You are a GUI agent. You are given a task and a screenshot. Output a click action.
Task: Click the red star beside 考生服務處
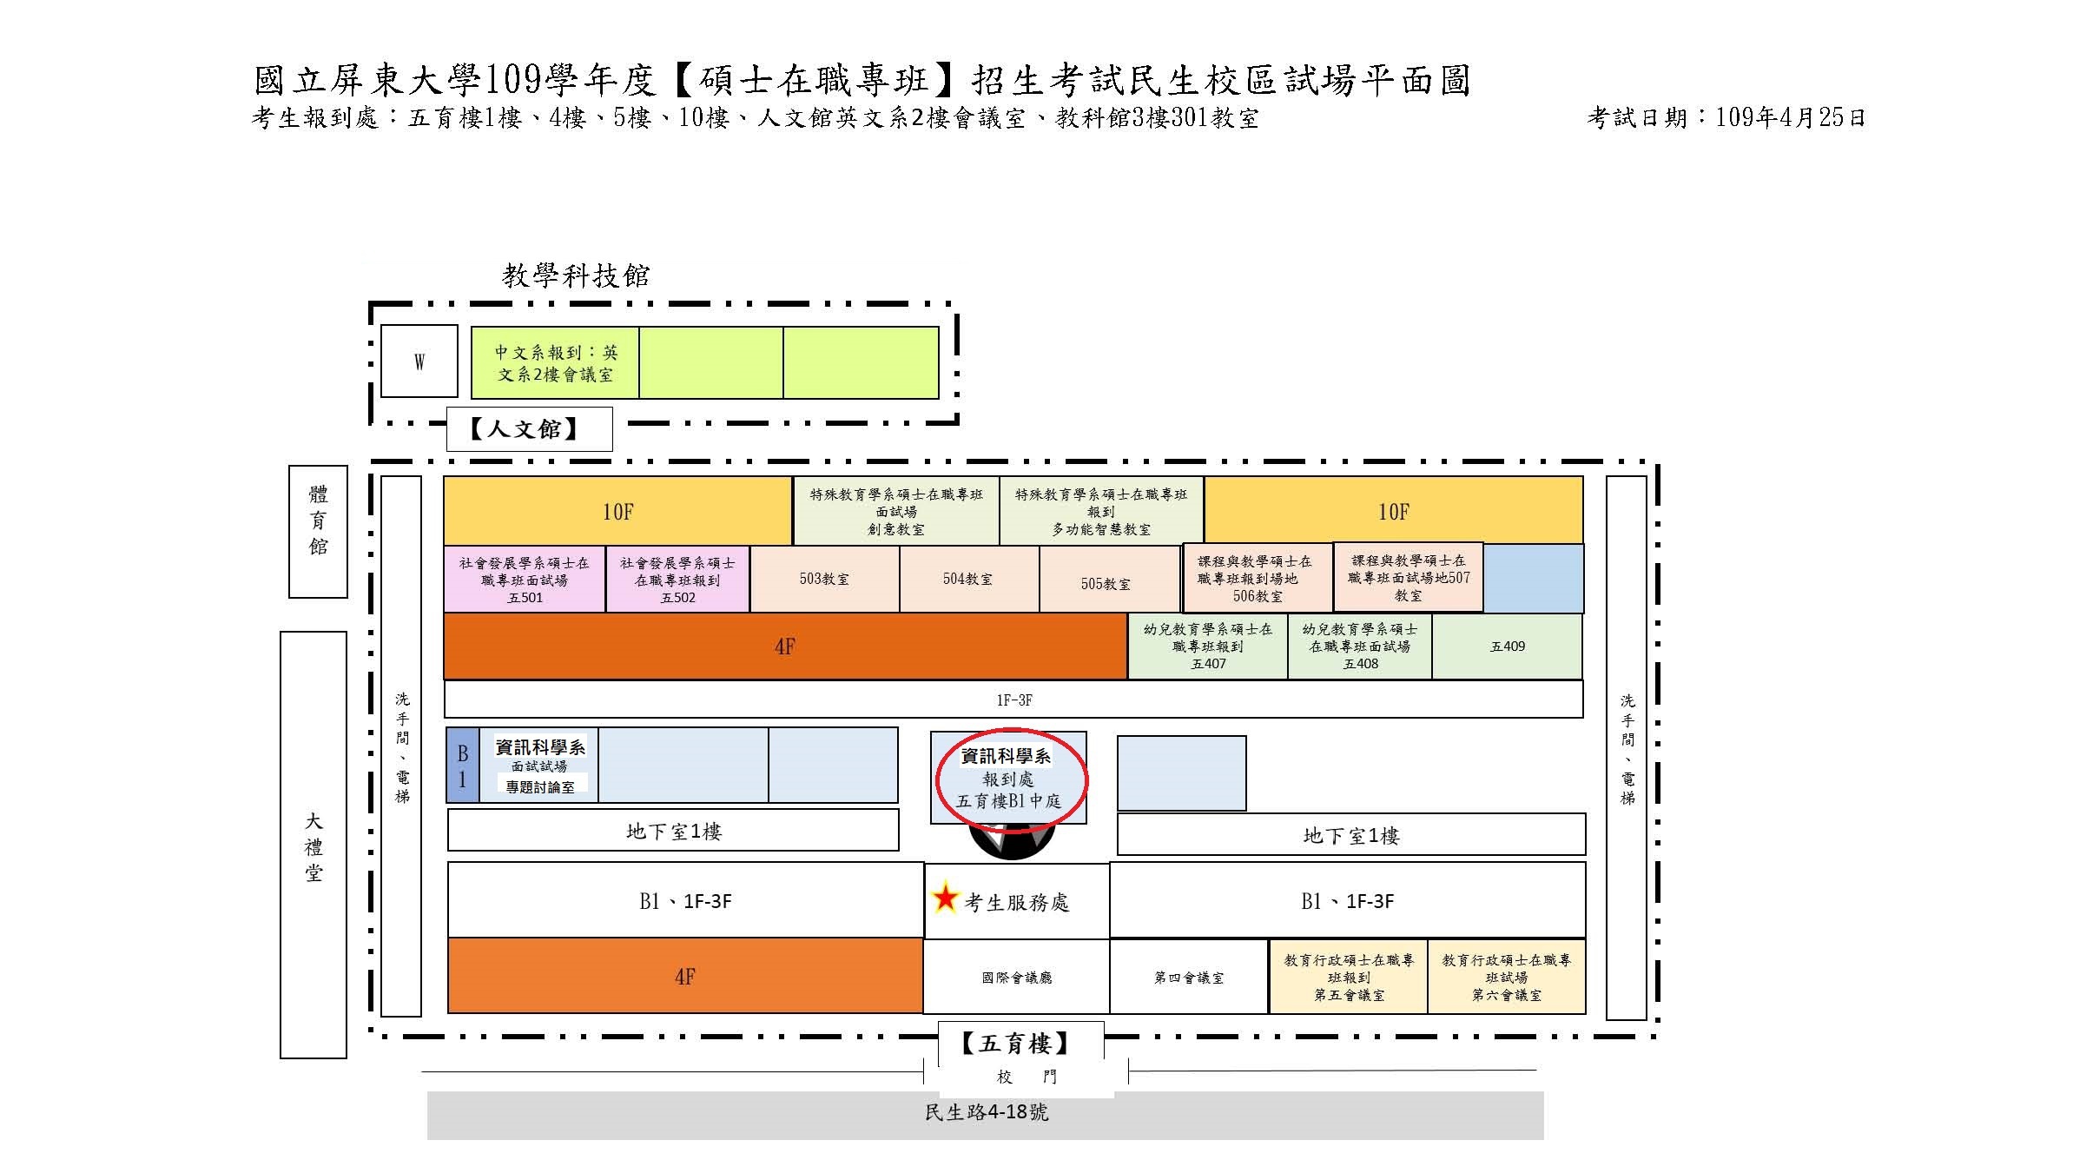[944, 898]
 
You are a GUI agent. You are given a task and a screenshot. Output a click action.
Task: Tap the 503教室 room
[824, 579]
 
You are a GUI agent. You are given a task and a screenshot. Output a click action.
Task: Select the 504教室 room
[969, 579]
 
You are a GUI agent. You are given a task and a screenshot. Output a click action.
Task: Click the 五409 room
[1507, 646]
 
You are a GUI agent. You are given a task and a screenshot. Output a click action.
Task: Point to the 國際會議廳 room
[1016, 978]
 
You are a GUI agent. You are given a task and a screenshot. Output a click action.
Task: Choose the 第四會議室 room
[1189, 978]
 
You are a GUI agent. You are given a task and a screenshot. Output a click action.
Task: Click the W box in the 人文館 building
[419, 361]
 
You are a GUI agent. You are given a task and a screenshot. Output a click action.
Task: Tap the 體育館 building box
[318, 532]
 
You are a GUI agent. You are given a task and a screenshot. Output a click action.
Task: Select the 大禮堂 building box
[314, 845]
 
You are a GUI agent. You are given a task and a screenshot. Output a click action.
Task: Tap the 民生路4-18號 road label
[987, 1112]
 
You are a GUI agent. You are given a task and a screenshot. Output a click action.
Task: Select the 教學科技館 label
[576, 276]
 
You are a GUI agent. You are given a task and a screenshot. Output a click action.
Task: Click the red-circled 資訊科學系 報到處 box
[1009, 778]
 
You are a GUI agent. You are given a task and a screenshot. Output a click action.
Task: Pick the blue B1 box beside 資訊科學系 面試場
[462, 765]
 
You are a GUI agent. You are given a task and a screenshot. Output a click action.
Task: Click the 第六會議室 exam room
[1507, 978]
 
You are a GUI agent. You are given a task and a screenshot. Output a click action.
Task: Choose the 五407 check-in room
[1208, 646]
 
